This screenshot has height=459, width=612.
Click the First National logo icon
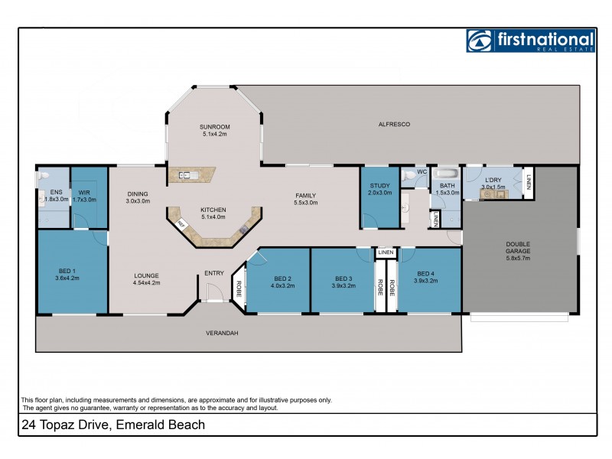pyautogui.click(x=480, y=41)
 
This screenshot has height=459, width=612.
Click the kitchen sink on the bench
pyautogui.click(x=187, y=175)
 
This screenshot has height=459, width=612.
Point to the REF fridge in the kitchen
pyautogui.click(x=181, y=223)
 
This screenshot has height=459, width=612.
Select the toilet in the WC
pyautogui.click(x=411, y=175)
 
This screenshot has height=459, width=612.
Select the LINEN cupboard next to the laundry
pyautogui.click(x=529, y=182)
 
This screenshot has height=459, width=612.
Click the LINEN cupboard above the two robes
pyautogui.click(x=385, y=252)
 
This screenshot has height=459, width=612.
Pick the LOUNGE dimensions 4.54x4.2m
pyautogui.click(x=145, y=282)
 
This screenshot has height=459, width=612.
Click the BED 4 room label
pyautogui.click(x=427, y=273)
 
